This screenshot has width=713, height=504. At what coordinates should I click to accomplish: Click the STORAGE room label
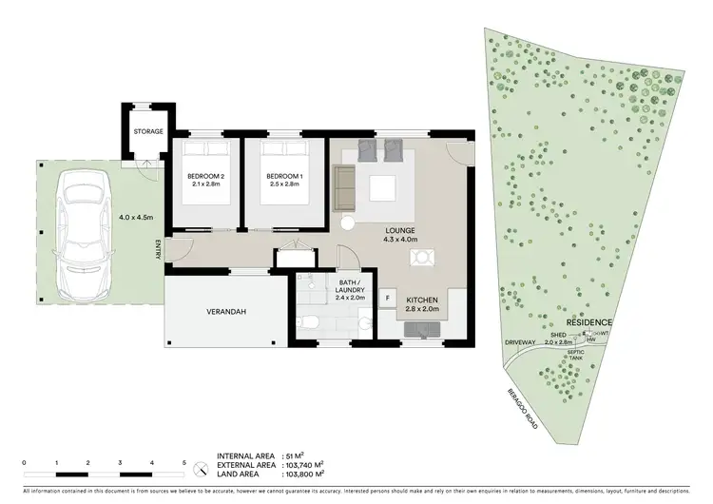pos(148,131)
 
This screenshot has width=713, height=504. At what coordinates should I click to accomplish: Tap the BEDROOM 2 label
pos(205,181)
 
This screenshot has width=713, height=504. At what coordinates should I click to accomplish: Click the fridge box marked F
pos(388,300)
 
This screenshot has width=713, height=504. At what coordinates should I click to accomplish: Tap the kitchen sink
pos(419,330)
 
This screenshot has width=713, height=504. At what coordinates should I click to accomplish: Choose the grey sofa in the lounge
pos(343,187)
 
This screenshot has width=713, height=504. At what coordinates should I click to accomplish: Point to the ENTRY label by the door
pos(159,249)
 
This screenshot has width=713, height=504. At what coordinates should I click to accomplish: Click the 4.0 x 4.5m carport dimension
pos(137,217)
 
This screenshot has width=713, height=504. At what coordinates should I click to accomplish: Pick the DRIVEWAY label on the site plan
pos(523,341)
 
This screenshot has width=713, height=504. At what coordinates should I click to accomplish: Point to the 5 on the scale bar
pos(183,462)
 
